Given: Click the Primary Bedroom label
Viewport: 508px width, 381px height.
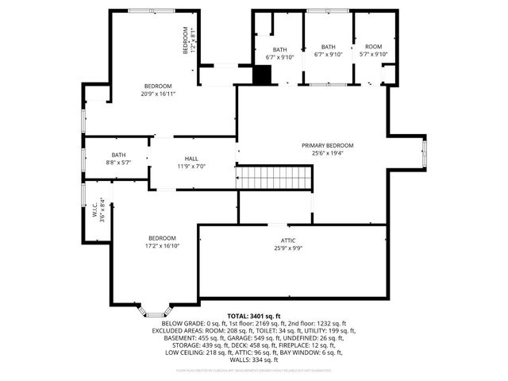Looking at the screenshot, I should click(x=327, y=145).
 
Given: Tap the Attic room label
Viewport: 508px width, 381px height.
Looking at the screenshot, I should click(x=288, y=240).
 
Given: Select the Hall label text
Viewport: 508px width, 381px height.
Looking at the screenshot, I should click(x=190, y=158).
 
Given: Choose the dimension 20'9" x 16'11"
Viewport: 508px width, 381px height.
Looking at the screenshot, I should click(x=158, y=94).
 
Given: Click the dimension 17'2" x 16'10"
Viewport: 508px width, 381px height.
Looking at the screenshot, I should click(x=161, y=246).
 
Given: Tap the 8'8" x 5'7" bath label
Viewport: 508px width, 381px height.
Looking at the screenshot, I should click(x=118, y=162).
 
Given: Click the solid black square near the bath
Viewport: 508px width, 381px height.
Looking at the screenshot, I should click(x=262, y=74).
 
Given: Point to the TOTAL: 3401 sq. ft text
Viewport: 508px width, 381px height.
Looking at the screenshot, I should click(x=254, y=316).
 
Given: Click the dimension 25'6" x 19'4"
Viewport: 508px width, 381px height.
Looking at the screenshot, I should click(x=327, y=153).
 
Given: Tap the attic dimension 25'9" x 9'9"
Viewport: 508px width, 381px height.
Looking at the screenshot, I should click(x=288, y=248).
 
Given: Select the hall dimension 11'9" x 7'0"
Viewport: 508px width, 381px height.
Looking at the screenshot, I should click(x=190, y=167).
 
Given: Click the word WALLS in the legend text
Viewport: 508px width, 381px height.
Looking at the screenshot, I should click(x=240, y=360).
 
